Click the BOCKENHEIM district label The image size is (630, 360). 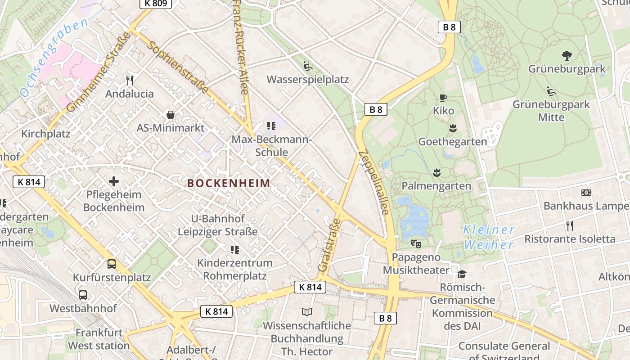[x=229, y=183]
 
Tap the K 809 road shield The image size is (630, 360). [x=156, y=4]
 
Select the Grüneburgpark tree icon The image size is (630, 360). [x=567, y=56]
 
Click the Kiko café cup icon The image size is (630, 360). [x=443, y=98]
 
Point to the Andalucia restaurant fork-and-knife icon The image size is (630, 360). [x=130, y=81]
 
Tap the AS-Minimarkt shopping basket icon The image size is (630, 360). [x=171, y=115]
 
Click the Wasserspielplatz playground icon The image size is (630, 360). [x=308, y=67]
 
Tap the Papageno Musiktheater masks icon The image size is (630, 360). [x=416, y=244]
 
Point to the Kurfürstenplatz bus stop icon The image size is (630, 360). [x=112, y=264]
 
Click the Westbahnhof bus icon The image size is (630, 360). [x=83, y=295]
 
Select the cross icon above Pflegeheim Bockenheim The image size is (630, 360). [x=114, y=181]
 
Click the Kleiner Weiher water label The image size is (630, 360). [x=489, y=237]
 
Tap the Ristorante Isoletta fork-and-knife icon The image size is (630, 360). [x=569, y=225]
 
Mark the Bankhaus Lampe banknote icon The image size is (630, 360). [x=586, y=193]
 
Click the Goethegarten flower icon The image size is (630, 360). [x=453, y=129]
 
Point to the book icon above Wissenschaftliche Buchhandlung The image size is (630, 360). [x=307, y=312]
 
